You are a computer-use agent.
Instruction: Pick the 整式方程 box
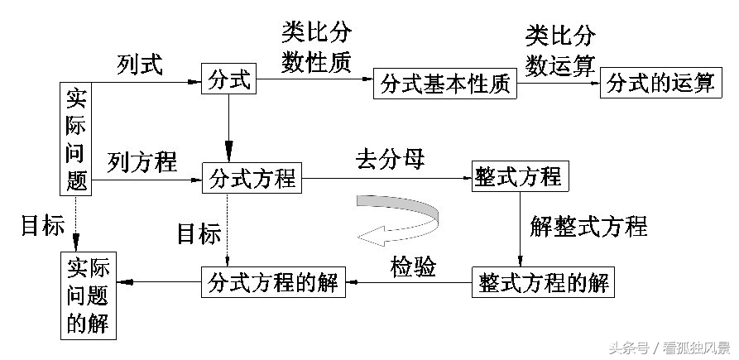[518, 176]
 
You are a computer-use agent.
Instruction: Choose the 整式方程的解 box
[543, 282]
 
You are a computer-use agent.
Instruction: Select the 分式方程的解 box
[272, 282]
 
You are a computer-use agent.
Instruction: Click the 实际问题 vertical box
[77, 138]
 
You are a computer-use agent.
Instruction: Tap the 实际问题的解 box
[89, 295]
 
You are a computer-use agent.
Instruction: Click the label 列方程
[142, 162]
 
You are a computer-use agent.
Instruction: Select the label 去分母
[391, 159]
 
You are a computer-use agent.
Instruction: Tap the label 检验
[414, 266]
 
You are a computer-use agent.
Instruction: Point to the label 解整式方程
[589, 225]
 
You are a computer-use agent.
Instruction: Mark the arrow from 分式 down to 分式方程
[228, 127]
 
